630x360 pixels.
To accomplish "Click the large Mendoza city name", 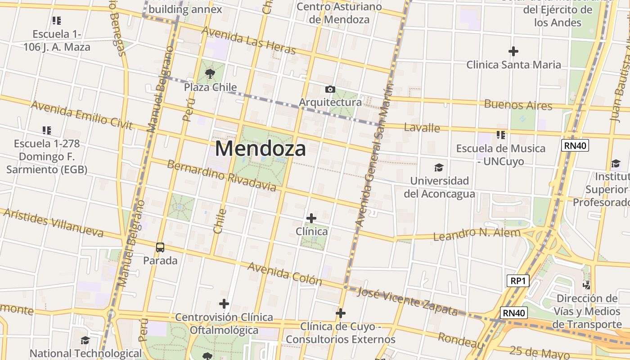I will pyautogui.click(x=261, y=148).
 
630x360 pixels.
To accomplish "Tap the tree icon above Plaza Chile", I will pyautogui.click(x=210, y=73).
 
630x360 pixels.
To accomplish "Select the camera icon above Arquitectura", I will pyautogui.click(x=330, y=89).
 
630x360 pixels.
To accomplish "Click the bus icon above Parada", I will pyautogui.click(x=160, y=247).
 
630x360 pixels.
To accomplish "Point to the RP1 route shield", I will pyautogui.click(x=517, y=281).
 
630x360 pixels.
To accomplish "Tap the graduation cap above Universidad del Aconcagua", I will pyautogui.click(x=439, y=168).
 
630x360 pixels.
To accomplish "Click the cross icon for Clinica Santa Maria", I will pyautogui.click(x=513, y=51).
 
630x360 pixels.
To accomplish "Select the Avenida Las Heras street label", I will pyautogui.click(x=248, y=40).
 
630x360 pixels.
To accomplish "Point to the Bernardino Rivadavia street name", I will pyautogui.click(x=221, y=175).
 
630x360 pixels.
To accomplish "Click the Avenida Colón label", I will pyautogui.click(x=285, y=274).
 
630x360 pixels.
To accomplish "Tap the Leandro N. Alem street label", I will pyautogui.click(x=477, y=234).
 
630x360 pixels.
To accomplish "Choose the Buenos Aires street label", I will pyautogui.click(x=518, y=105).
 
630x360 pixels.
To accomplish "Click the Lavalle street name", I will pyautogui.click(x=422, y=127).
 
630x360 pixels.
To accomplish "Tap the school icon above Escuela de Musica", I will pyautogui.click(x=501, y=135).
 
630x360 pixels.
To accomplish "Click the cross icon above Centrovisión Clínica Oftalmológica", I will pyautogui.click(x=224, y=304).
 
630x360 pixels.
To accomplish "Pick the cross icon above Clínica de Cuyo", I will pyautogui.click(x=341, y=313).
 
